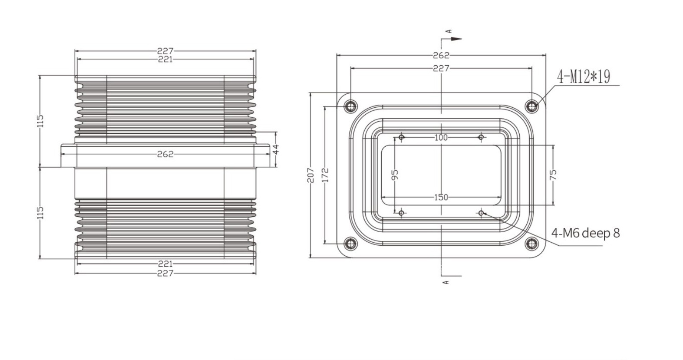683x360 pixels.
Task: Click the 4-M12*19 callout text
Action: coord(584,77)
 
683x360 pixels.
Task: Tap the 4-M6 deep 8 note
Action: coord(585,233)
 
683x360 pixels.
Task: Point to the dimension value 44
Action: coord(276,149)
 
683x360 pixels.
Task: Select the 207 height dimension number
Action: coord(310,175)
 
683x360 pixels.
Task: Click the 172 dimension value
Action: coord(325,175)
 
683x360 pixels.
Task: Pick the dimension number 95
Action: coord(394,175)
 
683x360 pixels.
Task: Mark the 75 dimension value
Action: coord(553,175)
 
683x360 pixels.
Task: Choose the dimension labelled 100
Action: coord(441,138)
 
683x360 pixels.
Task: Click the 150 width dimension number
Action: coord(441,198)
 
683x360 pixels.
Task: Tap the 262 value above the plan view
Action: coord(441,55)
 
